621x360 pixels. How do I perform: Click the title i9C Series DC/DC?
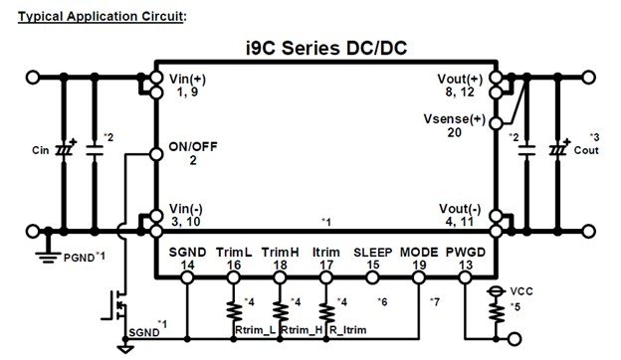pyautogui.click(x=326, y=49)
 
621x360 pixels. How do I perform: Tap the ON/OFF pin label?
pyautogui.click(x=193, y=147)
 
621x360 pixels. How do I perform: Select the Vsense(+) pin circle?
pyautogui.click(x=497, y=123)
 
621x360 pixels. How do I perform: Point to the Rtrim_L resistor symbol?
pyautogui.click(x=234, y=312)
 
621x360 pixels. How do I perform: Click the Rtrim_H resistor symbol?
pyautogui.click(x=280, y=312)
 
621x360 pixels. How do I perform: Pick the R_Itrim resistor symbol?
pyautogui.click(x=326, y=312)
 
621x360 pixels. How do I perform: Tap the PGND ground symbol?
pyautogui.click(x=48, y=258)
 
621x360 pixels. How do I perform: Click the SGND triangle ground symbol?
pyautogui.click(x=125, y=349)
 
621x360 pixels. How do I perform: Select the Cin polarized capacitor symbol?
pyautogui.click(x=65, y=149)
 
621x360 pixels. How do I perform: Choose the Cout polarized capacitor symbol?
pyautogui.click(x=558, y=149)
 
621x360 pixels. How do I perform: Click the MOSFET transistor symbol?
pyautogui.click(x=115, y=305)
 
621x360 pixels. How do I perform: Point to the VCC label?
pyautogui.click(x=521, y=291)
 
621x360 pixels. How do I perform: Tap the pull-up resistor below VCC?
pyautogui.click(x=497, y=312)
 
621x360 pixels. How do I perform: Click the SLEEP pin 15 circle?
pyautogui.click(x=372, y=277)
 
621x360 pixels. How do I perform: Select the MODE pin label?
pyautogui.click(x=419, y=253)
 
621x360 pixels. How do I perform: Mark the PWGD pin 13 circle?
pyautogui.click(x=465, y=277)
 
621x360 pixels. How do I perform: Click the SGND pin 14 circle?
pyautogui.click(x=187, y=277)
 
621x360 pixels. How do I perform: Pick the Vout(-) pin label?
pyautogui.click(x=460, y=209)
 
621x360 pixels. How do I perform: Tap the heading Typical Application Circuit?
pyautogui.click(x=101, y=17)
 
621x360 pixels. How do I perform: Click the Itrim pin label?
pyautogui.click(x=326, y=253)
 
